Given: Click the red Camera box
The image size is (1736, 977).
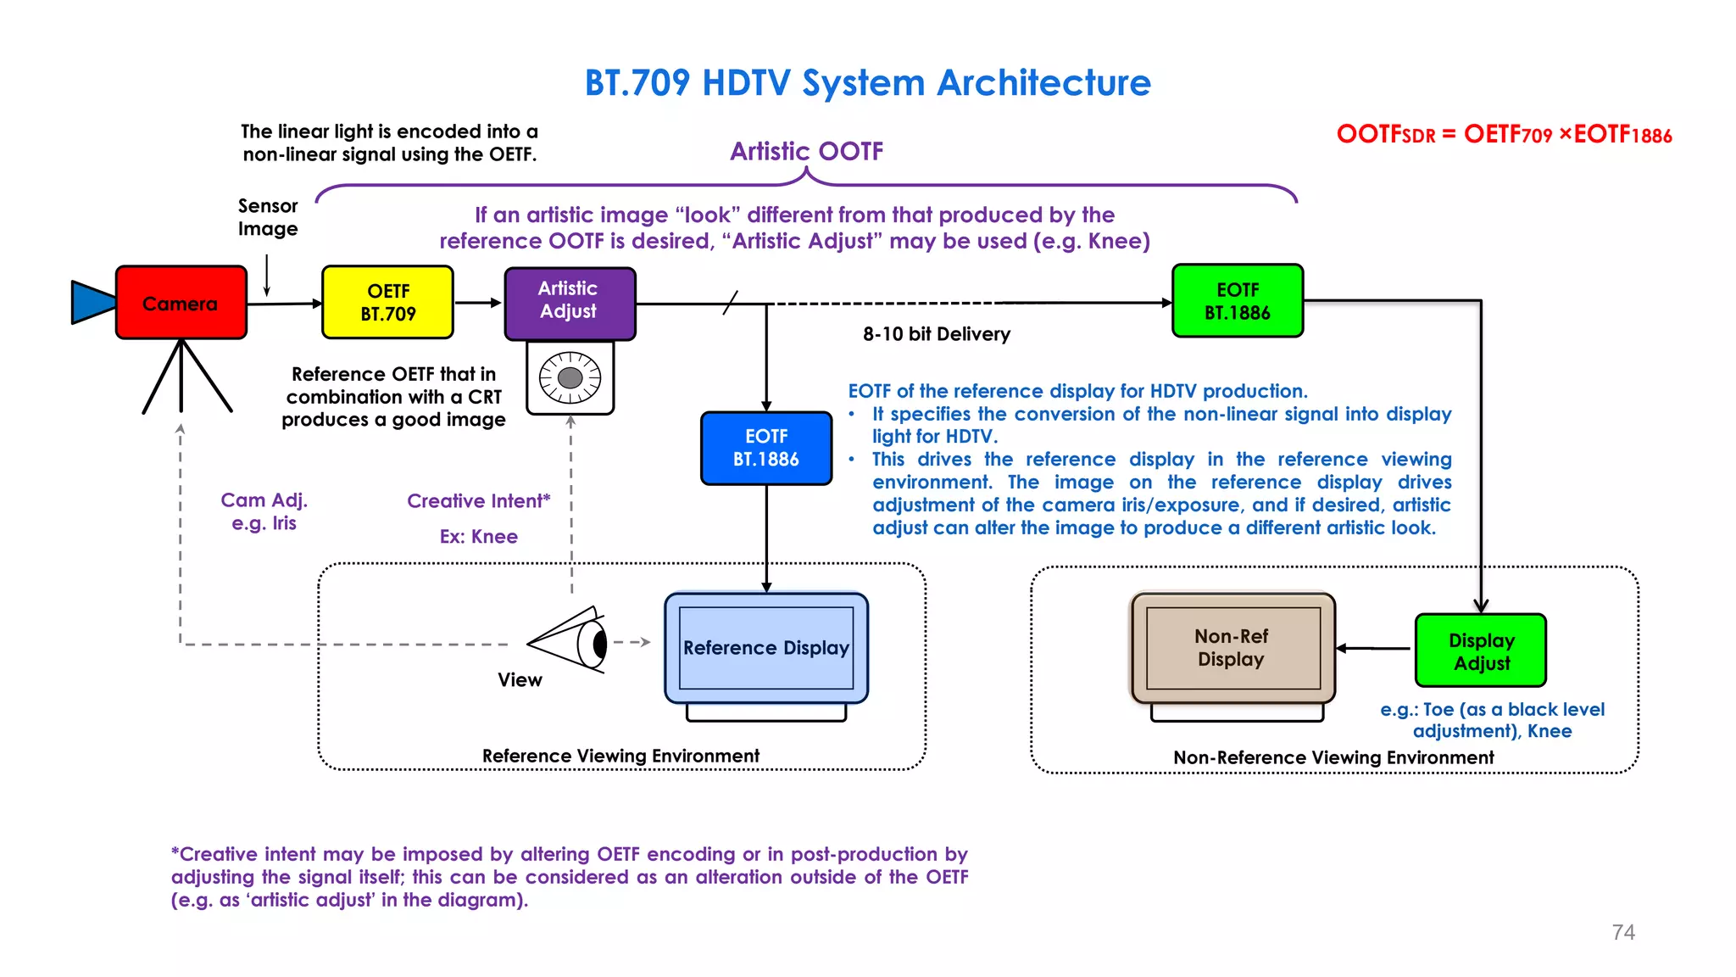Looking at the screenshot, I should [181, 303].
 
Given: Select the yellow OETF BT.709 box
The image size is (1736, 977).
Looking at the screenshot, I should [387, 303].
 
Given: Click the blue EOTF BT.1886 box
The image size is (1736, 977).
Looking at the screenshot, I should [766, 448].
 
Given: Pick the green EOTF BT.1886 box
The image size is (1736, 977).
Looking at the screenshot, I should [1237, 301].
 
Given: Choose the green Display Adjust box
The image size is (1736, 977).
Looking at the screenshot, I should [1480, 650].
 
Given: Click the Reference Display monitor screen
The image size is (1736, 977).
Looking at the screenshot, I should [766, 648].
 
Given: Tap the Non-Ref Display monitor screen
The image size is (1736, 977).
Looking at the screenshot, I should [1232, 648].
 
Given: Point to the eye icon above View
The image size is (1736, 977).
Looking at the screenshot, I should [573, 641].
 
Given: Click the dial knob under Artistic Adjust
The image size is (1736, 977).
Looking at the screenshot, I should [570, 377].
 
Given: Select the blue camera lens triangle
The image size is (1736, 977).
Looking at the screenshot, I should [92, 303].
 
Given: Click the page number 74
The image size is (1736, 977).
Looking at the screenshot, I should [1622, 932].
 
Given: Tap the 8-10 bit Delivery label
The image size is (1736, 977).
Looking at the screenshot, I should [936, 334].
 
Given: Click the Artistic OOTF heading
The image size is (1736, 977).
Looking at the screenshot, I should [806, 151].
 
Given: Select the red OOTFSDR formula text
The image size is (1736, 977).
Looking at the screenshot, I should [1503, 135].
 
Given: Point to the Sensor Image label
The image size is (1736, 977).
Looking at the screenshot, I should [268, 217].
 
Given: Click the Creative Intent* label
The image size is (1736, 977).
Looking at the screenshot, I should [478, 501].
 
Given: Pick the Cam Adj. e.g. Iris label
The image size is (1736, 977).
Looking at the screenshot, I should [264, 511].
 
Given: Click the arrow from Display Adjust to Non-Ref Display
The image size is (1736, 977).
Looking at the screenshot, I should [1374, 649].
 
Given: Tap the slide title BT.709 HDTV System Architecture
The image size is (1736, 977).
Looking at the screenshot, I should [867, 83].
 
